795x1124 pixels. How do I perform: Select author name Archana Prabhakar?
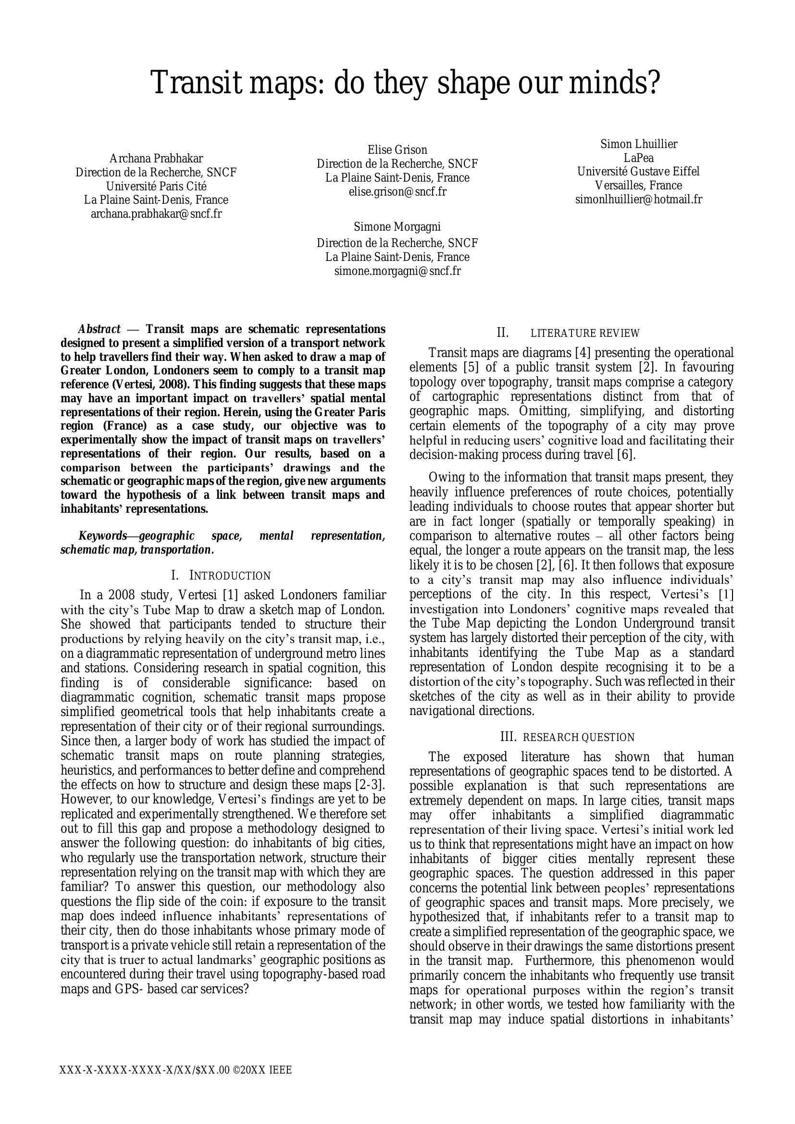coord(156,159)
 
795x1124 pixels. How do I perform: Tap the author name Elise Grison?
coord(397,150)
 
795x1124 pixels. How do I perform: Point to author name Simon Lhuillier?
coord(639,144)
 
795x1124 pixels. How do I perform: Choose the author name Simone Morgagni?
coord(397,227)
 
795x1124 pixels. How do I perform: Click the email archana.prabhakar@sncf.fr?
coord(156,214)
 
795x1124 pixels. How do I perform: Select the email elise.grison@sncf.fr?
coord(397,192)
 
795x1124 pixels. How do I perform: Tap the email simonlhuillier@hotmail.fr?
coord(638,200)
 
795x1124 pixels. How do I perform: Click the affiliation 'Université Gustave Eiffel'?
coord(638,172)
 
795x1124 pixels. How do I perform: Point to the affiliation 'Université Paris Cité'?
coord(156,186)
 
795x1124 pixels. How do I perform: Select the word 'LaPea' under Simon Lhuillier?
coord(638,158)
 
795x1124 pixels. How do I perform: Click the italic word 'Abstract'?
coord(99,329)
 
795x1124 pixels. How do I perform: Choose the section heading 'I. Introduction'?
coord(221,576)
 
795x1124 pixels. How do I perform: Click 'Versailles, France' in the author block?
coord(638,185)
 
